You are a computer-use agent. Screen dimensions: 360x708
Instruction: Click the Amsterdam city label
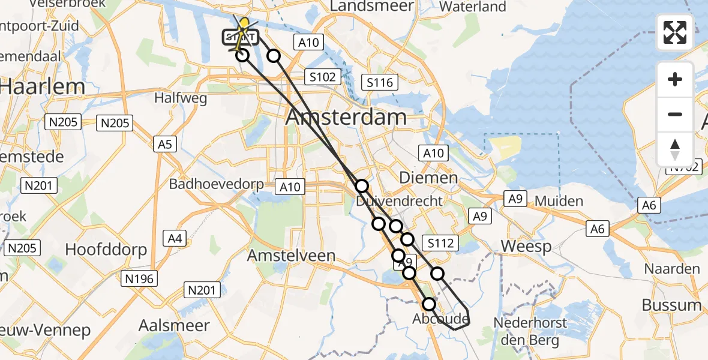pos(346,117)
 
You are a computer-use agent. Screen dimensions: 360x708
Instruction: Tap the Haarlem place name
pos(42,87)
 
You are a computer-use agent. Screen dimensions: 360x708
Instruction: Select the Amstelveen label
pos(292,256)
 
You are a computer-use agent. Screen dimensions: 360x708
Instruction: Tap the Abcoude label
pos(440,319)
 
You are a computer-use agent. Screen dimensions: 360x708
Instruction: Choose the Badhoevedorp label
pos(216,184)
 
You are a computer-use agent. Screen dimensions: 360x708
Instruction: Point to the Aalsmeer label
pos(174,326)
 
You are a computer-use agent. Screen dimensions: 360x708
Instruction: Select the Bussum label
pos(671,305)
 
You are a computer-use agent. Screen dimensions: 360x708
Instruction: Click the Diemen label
pos(429,178)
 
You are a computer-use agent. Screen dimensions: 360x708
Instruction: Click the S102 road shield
pos(322,77)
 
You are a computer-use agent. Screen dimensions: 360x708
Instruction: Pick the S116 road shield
pos(380,82)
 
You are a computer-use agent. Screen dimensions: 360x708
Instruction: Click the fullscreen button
pos(675,32)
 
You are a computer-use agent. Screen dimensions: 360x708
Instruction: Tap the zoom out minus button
pos(675,114)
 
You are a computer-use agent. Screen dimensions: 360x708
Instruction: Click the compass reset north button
pos(675,148)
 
